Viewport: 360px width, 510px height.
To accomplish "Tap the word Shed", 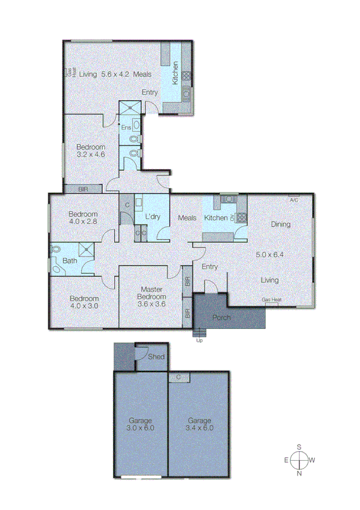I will (x=156, y=357).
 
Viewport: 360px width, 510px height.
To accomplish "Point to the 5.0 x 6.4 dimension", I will (x=269, y=254).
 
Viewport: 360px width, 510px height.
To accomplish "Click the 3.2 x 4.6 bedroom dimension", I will (x=91, y=155).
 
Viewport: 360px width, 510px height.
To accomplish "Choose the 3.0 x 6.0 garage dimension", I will (x=141, y=428).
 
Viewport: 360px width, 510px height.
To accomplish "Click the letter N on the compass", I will (x=299, y=474).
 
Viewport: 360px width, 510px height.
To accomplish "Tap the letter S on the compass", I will (x=299, y=447).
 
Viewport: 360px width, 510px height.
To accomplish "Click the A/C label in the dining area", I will (x=294, y=200).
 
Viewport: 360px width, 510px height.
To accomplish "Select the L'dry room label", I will (x=152, y=217).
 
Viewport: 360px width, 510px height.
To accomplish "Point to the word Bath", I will (x=69, y=260).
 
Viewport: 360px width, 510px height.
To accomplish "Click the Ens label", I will (x=126, y=127).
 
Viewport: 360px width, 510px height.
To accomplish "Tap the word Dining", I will (x=280, y=224).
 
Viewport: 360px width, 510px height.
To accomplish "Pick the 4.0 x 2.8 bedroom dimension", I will (x=83, y=221).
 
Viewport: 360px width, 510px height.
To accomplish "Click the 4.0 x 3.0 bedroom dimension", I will (x=83, y=306).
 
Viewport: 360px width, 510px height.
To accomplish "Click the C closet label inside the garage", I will (x=178, y=377).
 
